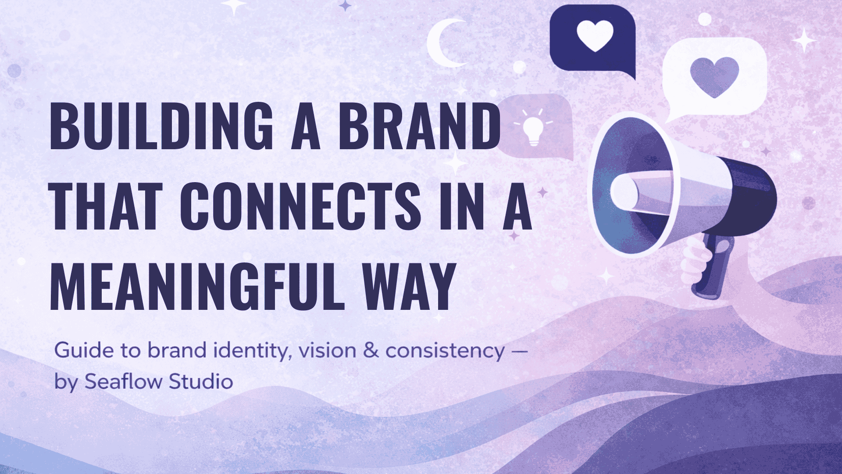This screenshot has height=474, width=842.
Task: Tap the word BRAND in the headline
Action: tap(419, 126)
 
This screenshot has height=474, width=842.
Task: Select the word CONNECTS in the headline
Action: tap(300, 206)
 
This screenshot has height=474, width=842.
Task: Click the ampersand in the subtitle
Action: tap(371, 351)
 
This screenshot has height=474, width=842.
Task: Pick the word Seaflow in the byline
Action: tap(123, 381)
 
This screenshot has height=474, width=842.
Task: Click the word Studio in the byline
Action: tap(201, 381)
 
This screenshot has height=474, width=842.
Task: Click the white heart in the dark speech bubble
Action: tap(595, 35)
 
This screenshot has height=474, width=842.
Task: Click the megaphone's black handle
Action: tap(713, 268)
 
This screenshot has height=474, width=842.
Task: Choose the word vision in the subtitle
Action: tap(327, 351)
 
